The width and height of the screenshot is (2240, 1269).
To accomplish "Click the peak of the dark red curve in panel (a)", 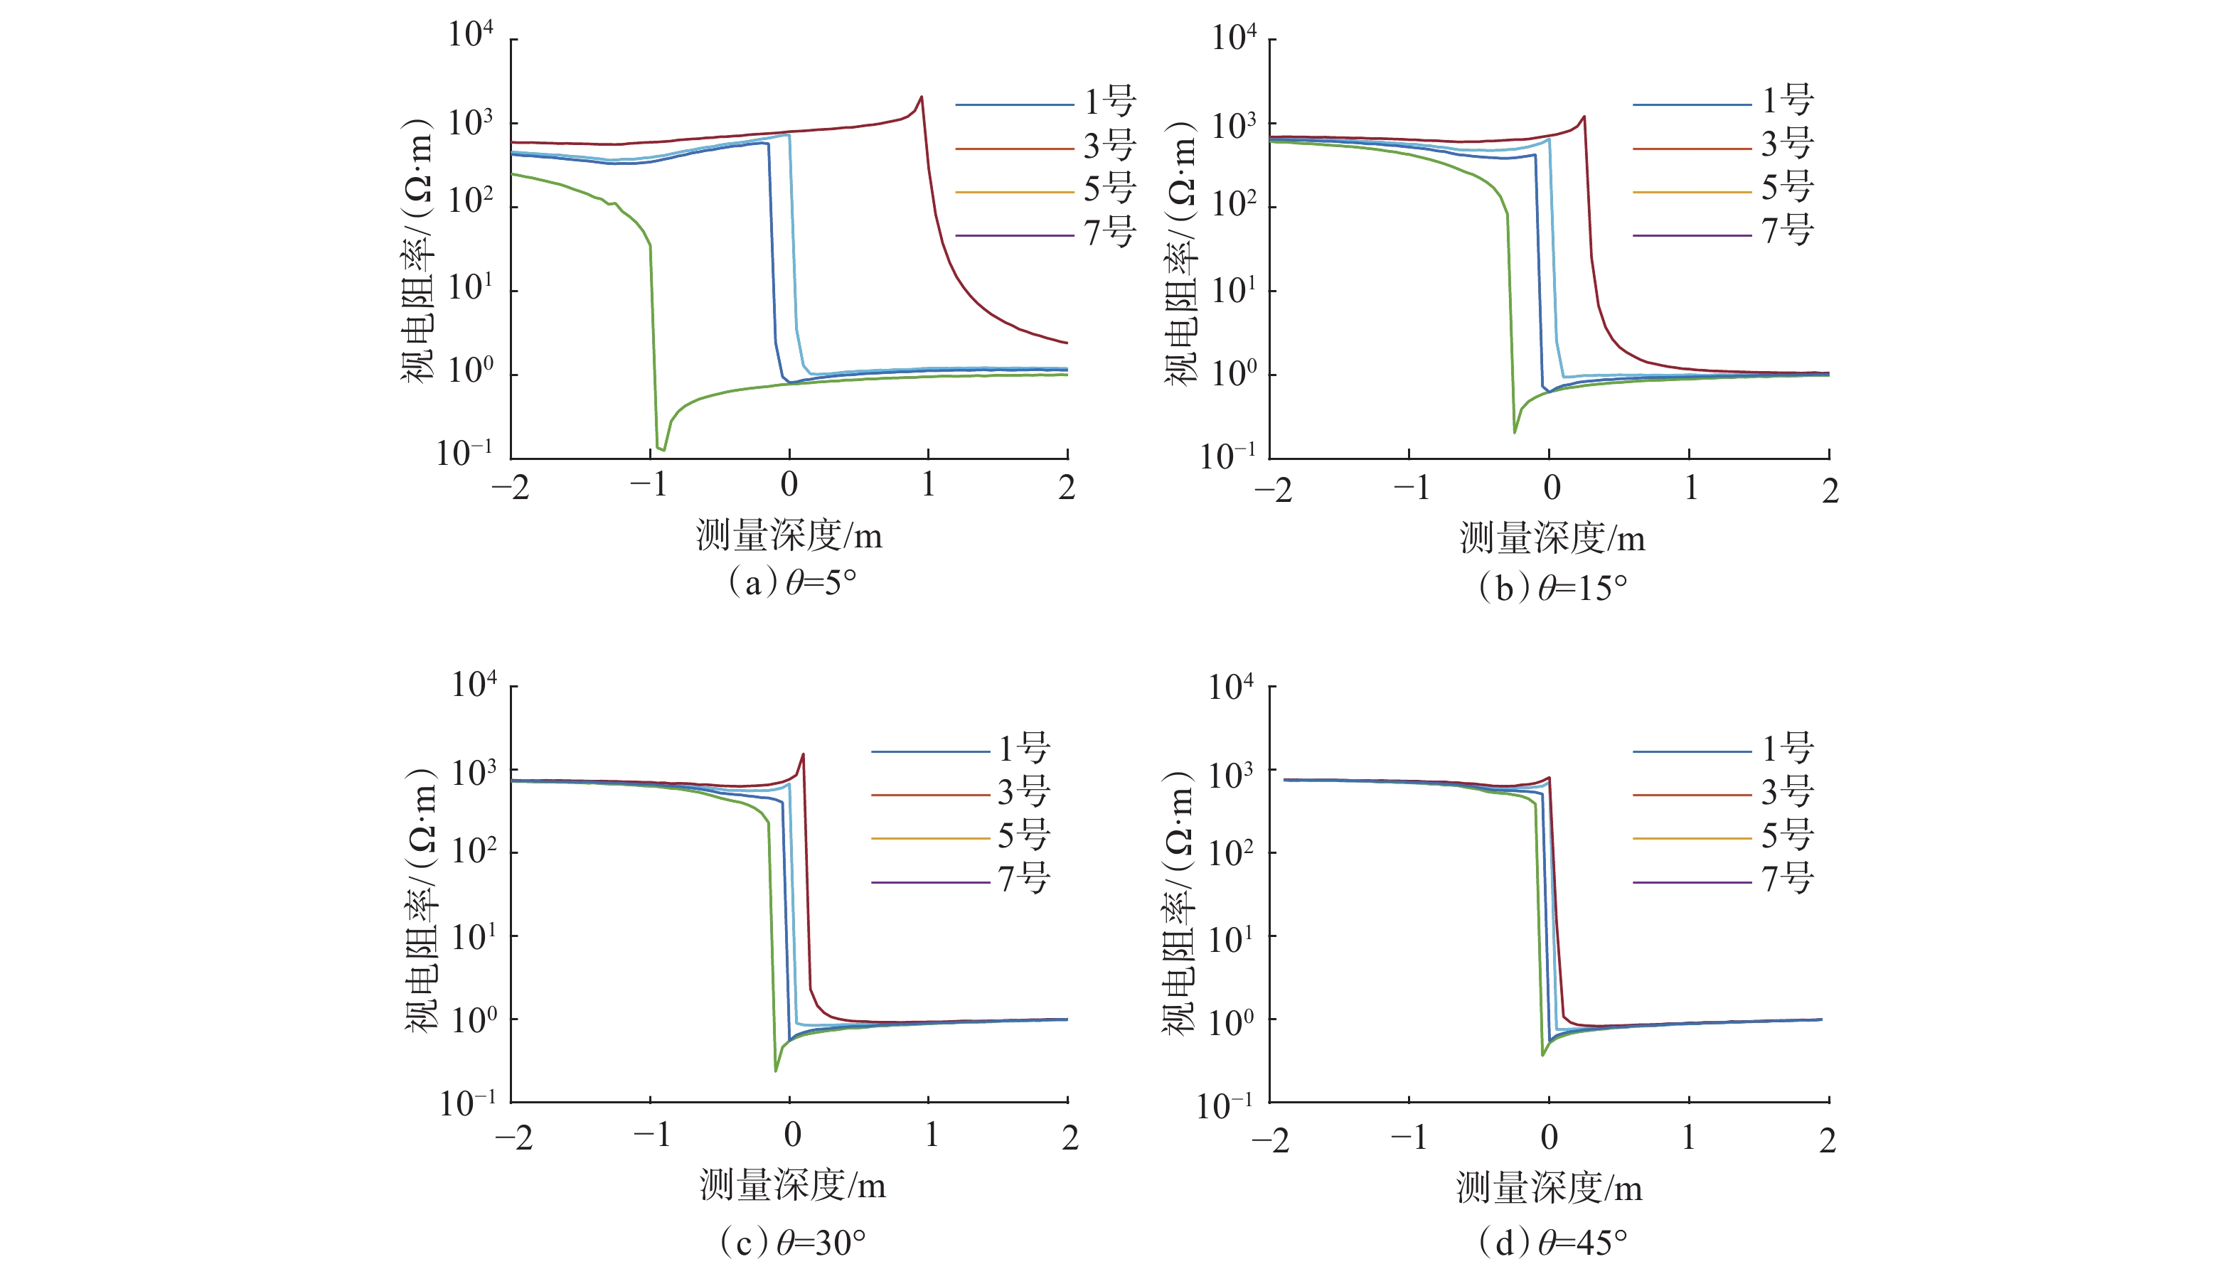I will pyautogui.click(x=922, y=97).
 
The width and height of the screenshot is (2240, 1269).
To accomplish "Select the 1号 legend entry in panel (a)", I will pyautogui.click(x=1046, y=103).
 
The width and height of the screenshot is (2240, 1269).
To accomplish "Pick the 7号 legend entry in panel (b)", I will pyautogui.click(x=1723, y=232).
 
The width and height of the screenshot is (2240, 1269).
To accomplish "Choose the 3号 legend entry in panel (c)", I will pyautogui.click(x=961, y=793).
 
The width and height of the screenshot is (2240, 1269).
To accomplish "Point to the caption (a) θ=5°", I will pyautogui.click(x=791, y=582).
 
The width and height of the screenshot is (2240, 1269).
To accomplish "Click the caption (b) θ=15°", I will pyautogui.click(x=1552, y=589).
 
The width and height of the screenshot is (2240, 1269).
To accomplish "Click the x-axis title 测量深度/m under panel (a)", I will pyautogui.click(x=789, y=535).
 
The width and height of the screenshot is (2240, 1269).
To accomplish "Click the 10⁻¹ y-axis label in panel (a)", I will pyautogui.click(x=464, y=454).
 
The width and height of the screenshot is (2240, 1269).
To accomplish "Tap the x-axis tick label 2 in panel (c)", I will pyautogui.click(x=1070, y=1137).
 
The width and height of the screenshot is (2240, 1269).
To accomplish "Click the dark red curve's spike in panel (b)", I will pyautogui.click(x=1584, y=117).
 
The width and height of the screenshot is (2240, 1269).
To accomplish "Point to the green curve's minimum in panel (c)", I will pyautogui.click(x=776, y=1069).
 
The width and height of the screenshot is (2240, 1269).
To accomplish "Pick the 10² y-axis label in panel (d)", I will pyautogui.click(x=1231, y=853).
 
